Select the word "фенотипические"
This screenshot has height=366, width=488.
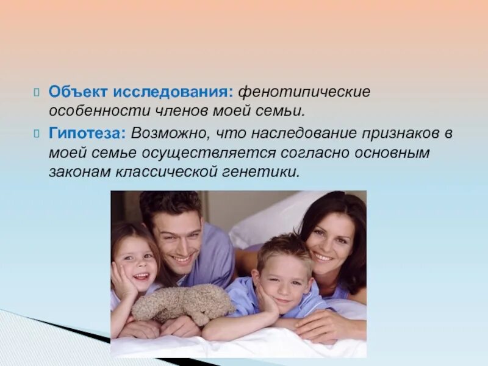304,91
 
